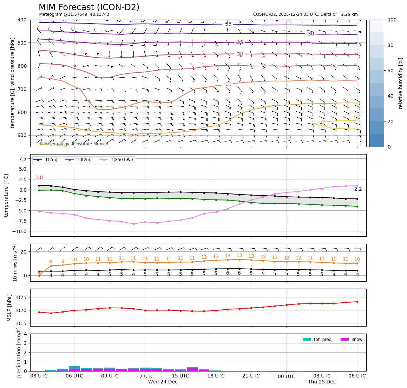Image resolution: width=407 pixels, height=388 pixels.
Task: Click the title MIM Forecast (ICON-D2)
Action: [89, 7]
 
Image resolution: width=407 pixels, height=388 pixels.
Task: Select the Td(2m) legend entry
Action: [84, 160]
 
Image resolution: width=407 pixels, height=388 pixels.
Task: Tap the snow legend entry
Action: [357, 340]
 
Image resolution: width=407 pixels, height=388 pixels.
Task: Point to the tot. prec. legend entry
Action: [323, 340]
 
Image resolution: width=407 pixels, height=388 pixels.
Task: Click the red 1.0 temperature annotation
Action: [39, 178]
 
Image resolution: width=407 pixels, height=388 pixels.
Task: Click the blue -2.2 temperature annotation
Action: [357, 189]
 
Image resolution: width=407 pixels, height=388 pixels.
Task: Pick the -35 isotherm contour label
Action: [228, 24]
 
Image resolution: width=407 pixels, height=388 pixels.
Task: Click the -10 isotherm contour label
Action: [228, 84]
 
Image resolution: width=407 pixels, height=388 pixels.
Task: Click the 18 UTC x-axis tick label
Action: [216, 376]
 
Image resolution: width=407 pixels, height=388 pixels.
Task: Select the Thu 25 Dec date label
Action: [322, 382]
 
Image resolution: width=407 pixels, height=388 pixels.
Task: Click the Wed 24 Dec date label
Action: [163, 382]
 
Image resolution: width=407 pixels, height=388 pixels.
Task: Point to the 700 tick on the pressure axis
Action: [22, 89]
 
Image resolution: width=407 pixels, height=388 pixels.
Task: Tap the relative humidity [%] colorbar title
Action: [401, 83]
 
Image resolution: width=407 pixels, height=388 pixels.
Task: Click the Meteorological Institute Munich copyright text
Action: [73, 144]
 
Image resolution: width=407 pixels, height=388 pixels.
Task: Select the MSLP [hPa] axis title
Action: [9, 308]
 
